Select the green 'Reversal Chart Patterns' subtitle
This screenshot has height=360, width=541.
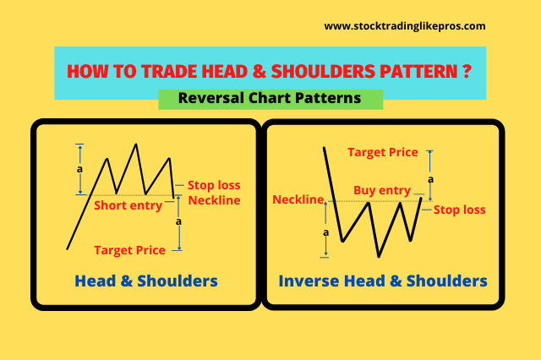pos(270,98)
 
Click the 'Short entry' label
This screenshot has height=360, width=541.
pos(127,205)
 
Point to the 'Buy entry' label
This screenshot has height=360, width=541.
pos(381,191)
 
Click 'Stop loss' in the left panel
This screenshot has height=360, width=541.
pos(214,183)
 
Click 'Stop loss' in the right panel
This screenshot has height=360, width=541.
pos(459,210)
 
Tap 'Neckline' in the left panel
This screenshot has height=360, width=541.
pos(215,200)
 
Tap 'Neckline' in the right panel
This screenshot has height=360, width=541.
pos(298,200)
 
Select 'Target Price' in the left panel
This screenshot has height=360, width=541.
pos(128,250)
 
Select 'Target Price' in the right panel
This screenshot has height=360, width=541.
pos(383,152)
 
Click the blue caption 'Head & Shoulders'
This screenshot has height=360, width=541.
pos(146,281)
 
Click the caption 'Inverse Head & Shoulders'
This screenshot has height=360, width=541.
pos(383,281)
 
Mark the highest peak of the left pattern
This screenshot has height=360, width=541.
pos(136,144)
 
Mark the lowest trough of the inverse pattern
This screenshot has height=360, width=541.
pos(379,256)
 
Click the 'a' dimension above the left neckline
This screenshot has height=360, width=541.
pos(79,169)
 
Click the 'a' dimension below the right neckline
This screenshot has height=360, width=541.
pos(326,231)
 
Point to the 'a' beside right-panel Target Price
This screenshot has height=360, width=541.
pos(431,179)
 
